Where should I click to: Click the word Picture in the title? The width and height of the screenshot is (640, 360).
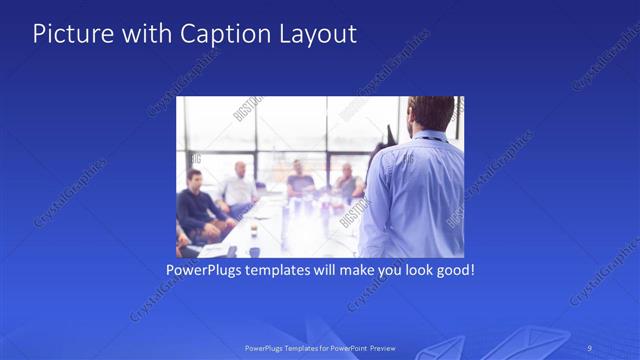(x=68, y=34)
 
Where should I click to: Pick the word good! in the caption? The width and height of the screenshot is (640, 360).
(x=451, y=270)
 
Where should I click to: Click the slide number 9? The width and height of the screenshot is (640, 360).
(x=590, y=348)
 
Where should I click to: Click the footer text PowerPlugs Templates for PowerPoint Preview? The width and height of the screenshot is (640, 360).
(x=320, y=348)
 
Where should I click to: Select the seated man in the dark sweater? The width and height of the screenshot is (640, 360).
(x=195, y=205)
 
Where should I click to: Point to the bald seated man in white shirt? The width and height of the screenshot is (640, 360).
(x=240, y=185)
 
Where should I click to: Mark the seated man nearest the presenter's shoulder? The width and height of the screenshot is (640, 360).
(x=348, y=183)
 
